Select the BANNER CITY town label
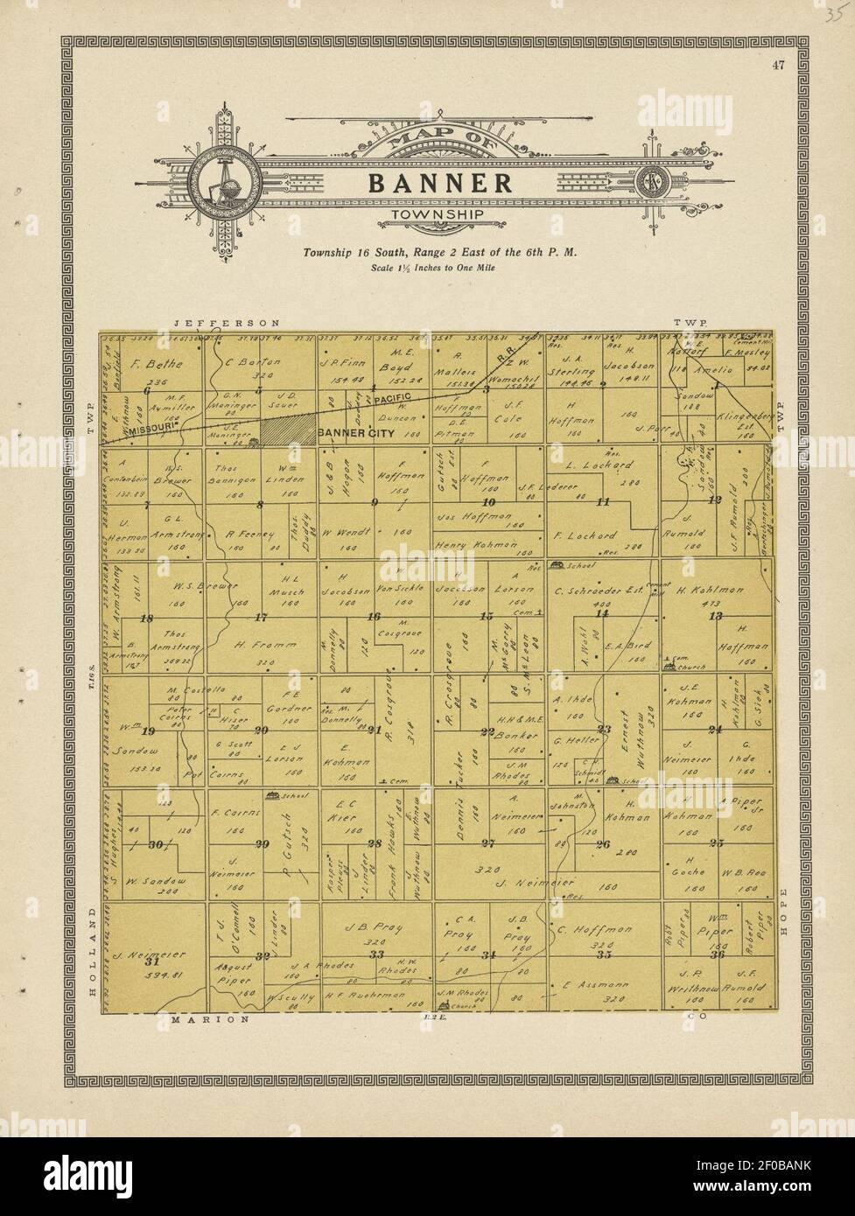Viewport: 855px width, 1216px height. pyautogui.click(x=354, y=432)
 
